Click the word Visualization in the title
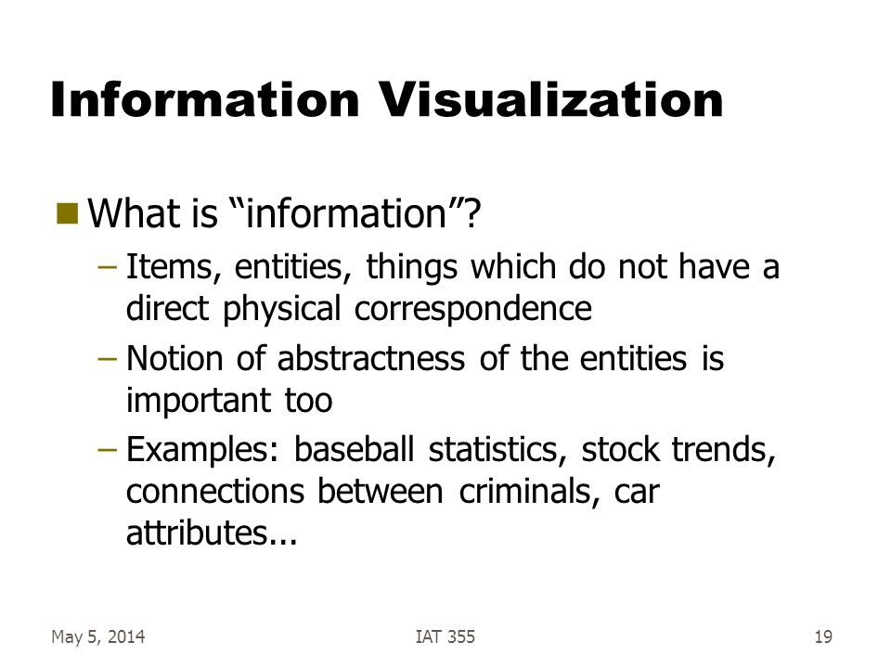pyautogui.click(x=550, y=99)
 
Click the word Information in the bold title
pyautogui.click(x=204, y=99)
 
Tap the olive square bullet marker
pyautogui.click(x=68, y=213)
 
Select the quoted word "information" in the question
pyautogui.click(x=346, y=213)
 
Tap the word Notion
pyautogui.click(x=174, y=358)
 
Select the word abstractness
pyautogui.click(x=371, y=358)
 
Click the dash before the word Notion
pyautogui.click(x=108, y=359)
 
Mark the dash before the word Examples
pyautogui.click(x=108, y=450)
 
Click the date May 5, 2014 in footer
pyautogui.click(x=97, y=636)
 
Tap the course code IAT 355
pyautogui.click(x=445, y=636)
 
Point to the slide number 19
pyautogui.click(x=823, y=636)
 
